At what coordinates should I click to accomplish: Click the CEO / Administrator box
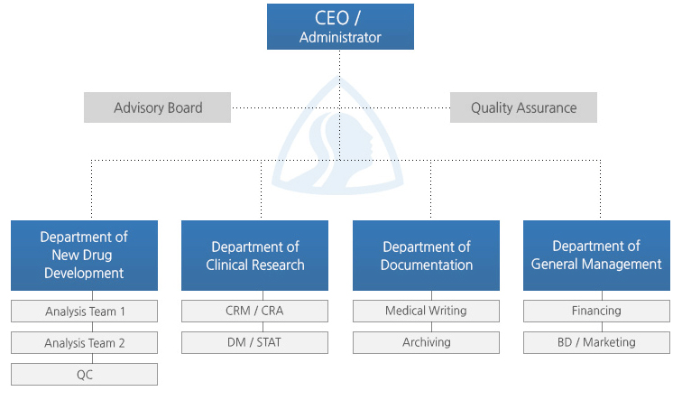tap(340, 26)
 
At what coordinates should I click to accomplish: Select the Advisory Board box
tap(158, 107)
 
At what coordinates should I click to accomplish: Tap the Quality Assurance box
tap(523, 107)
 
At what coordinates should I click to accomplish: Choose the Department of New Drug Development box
tap(85, 256)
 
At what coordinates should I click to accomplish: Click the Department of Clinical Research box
tap(255, 256)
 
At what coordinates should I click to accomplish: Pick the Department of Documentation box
tap(426, 256)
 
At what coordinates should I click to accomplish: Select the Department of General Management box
tap(597, 256)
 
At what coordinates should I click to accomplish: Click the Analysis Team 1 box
tap(85, 311)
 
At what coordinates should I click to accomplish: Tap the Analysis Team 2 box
tap(85, 343)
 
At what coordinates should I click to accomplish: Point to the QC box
tap(85, 374)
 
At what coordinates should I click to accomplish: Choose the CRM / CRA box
tap(255, 311)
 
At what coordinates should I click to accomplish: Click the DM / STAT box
tap(255, 343)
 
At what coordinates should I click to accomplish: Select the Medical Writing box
tap(426, 311)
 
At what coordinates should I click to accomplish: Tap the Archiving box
tap(426, 343)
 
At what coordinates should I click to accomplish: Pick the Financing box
tap(597, 311)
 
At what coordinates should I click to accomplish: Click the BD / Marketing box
tap(597, 343)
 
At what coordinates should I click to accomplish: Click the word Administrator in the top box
tap(340, 37)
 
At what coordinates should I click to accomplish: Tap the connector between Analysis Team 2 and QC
tap(93, 358)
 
